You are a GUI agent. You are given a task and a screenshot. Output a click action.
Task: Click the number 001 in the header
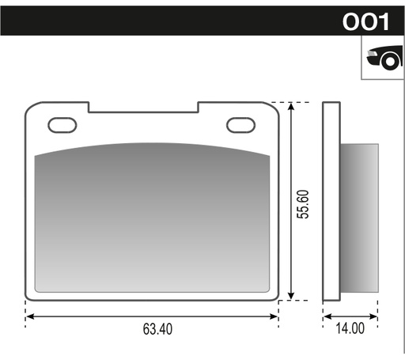coord(365,21)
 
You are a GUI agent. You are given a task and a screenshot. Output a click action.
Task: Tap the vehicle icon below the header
coord(383,59)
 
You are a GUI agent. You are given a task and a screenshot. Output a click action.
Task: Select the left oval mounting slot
coord(61,124)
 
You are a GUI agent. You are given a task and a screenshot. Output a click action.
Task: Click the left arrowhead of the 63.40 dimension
coord(29,316)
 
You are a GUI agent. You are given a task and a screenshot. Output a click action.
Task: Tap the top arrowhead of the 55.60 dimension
coord(293,106)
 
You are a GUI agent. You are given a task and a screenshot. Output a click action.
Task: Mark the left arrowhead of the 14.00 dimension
coord(326,316)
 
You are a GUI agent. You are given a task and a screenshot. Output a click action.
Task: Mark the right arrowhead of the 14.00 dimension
coord(373,316)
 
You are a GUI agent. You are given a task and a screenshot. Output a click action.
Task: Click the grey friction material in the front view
coord(152,218)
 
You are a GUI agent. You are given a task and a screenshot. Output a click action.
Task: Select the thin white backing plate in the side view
coord(332,202)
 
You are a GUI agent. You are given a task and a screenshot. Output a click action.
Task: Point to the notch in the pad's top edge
coord(142,107)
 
